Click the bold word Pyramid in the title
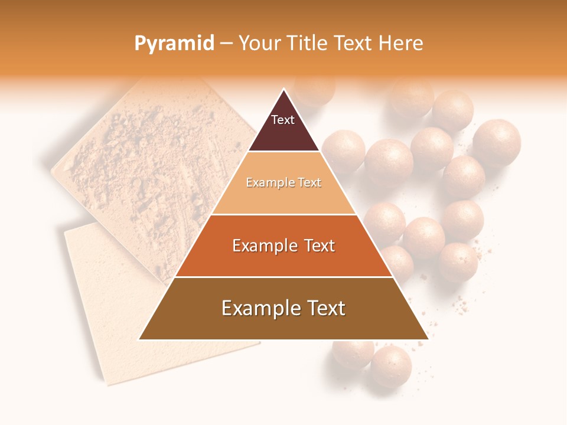tap(174, 43)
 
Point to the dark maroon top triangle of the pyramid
tap(283, 127)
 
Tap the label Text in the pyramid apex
tap(282, 120)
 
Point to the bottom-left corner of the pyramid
tap(139, 339)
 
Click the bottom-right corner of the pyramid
tap(428, 339)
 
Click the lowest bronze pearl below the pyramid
tap(390, 367)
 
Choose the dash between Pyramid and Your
tap(226, 43)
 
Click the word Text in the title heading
tap(354, 43)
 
